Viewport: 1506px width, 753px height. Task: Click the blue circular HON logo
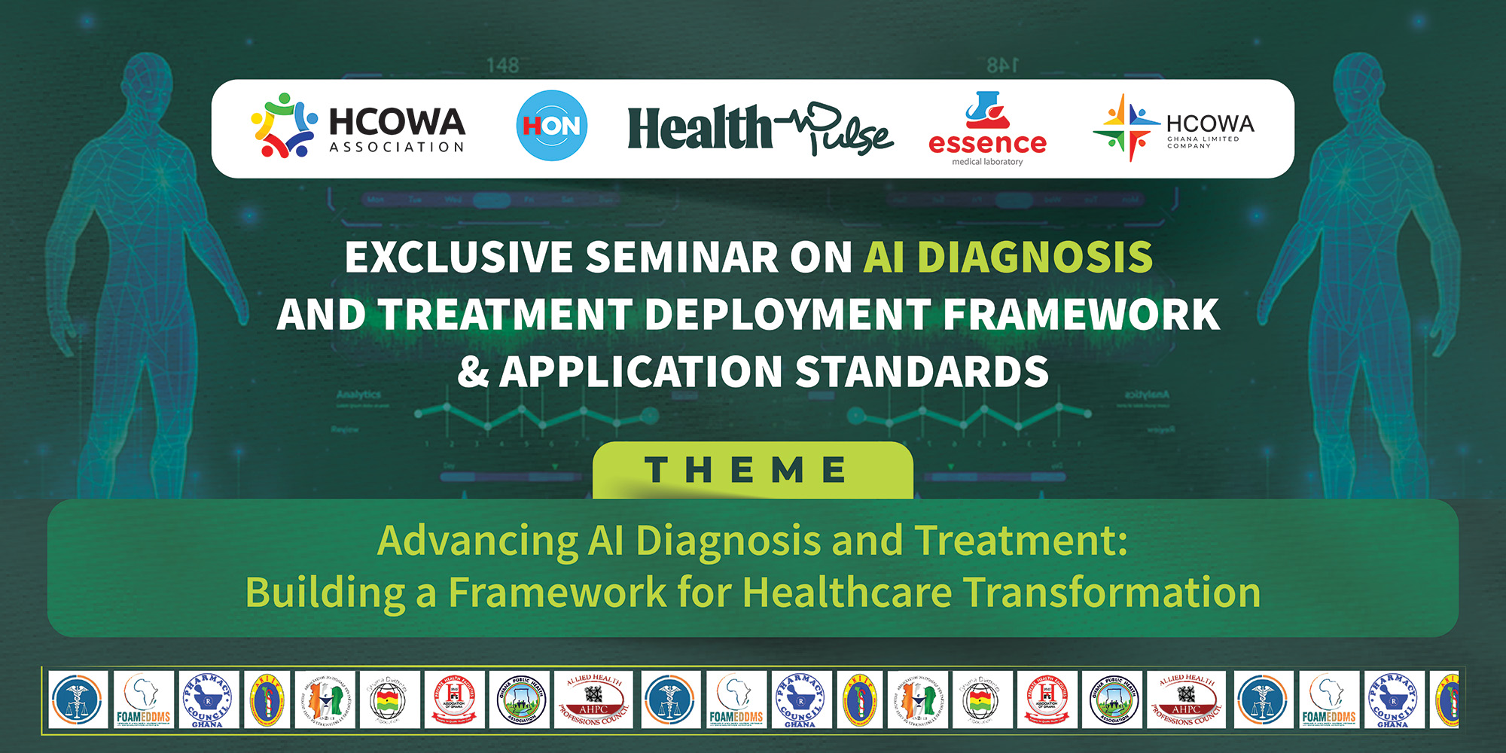click(x=552, y=126)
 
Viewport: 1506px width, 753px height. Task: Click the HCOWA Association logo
click(x=358, y=127)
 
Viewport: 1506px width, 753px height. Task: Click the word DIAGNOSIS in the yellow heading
click(x=1035, y=258)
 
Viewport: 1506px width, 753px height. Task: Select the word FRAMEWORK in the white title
click(x=1081, y=315)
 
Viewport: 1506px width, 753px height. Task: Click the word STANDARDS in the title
click(x=922, y=372)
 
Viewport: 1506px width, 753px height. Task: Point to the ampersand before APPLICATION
click(x=473, y=372)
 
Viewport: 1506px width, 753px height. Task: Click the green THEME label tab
click(x=752, y=471)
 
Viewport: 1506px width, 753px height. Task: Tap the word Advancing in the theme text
click(x=477, y=541)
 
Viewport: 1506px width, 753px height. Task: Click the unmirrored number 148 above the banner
click(x=502, y=66)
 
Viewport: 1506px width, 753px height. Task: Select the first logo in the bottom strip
click(x=78, y=700)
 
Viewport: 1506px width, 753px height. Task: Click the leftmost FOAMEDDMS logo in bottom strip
click(x=143, y=700)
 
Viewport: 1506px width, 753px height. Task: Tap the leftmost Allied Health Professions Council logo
click(x=593, y=700)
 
